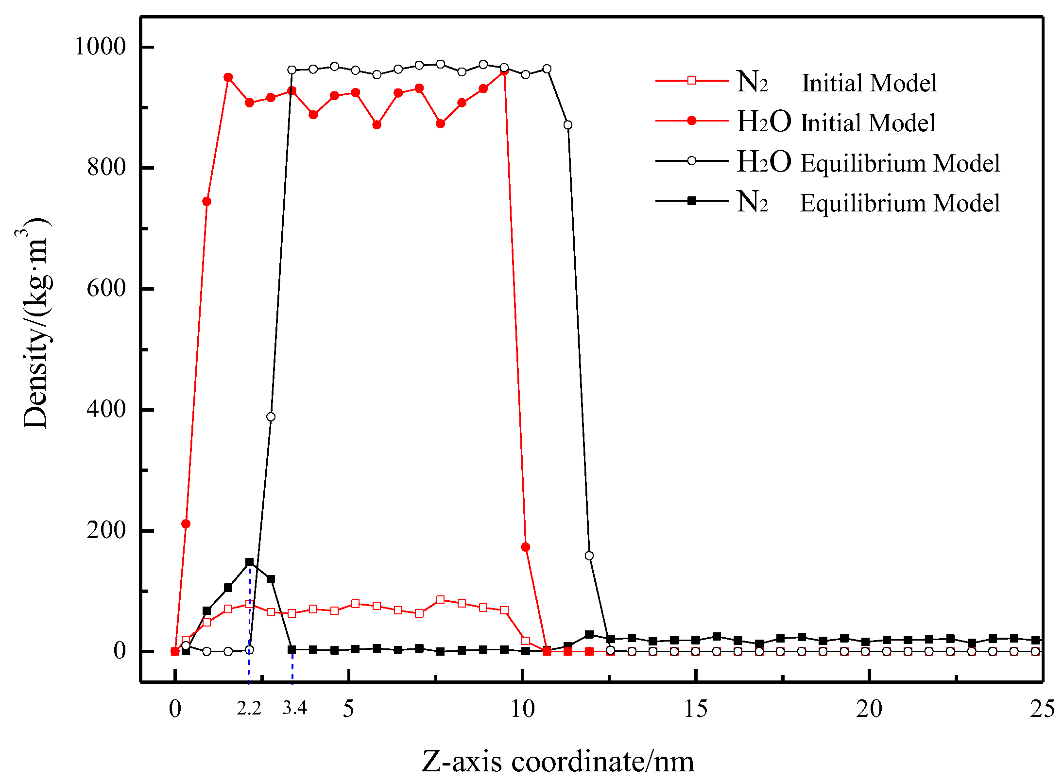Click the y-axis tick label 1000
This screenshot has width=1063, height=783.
(x=100, y=47)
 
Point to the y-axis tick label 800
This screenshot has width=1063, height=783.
(x=106, y=167)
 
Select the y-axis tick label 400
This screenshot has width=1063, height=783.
(x=106, y=409)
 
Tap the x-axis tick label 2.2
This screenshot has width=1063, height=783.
(x=249, y=709)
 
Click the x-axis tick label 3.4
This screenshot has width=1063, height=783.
(x=295, y=709)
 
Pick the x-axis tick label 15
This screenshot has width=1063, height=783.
(x=696, y=709)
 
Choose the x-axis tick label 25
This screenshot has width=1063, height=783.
(x=1043, y=709)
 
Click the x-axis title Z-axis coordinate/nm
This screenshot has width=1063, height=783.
(x=558, y=762)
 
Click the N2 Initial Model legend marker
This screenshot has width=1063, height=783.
(x=692, y=80)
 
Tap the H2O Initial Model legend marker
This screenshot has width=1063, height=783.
(x=692, y=121)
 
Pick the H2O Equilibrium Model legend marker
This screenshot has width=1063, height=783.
(x=692, y=161)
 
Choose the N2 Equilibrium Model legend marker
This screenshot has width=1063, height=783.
(x=692, y=201)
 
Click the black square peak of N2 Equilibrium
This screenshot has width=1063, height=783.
(x=250, y=562)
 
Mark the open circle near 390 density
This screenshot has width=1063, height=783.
(x=271, y=417)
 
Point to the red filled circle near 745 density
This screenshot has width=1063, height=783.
(x=207, y=202)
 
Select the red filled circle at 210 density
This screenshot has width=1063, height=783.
(x=186, y=523)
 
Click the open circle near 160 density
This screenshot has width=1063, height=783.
(x=589, y=556)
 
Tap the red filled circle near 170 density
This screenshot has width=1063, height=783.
(x=526, y=547)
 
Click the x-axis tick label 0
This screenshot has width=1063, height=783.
(x=175, y=709)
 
